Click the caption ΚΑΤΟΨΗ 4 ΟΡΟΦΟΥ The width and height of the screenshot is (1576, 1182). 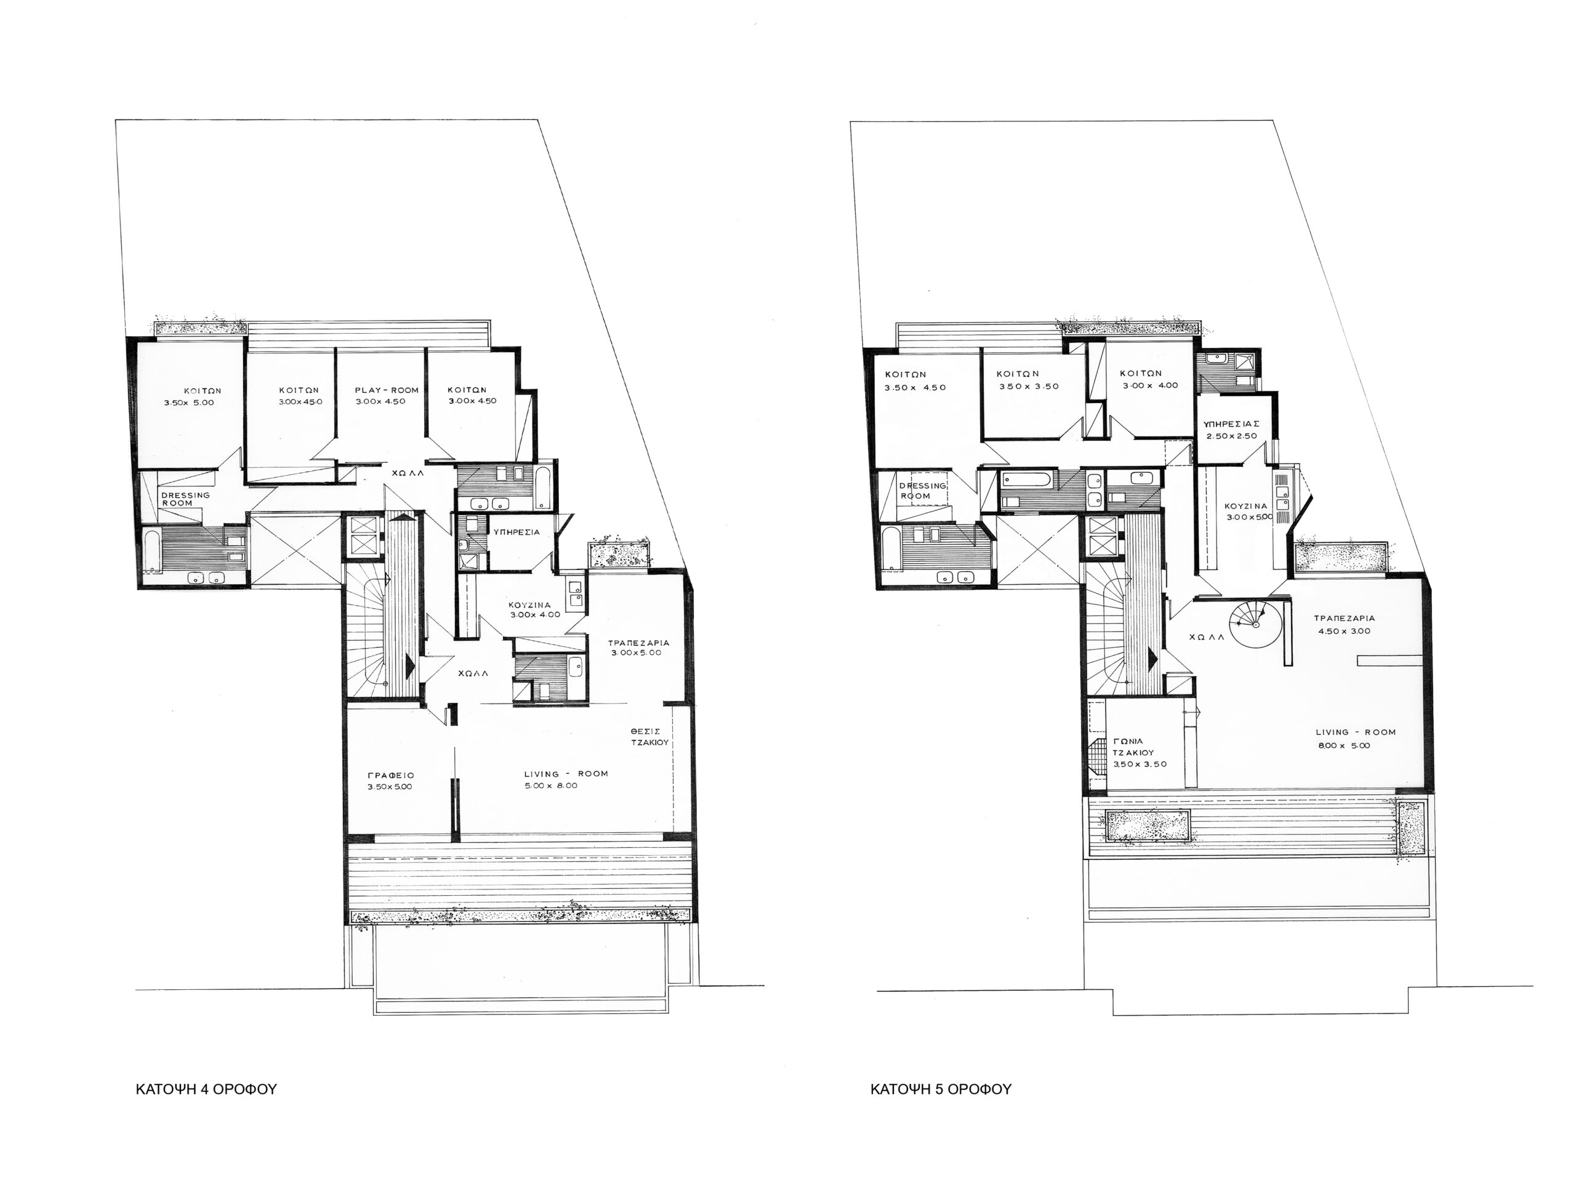point(206,1090)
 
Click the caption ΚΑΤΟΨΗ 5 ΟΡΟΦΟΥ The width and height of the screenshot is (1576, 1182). point(941,1090)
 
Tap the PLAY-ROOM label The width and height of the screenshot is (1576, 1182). point(387,390)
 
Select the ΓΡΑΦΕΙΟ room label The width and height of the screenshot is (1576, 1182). point(391,775)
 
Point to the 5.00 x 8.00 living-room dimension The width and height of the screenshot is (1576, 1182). point(551,786)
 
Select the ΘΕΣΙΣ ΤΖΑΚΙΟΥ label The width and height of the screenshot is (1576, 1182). point(649,736)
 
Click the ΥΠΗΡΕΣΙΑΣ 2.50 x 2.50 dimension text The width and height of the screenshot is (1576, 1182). point(1232,436)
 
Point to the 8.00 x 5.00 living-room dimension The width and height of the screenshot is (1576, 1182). point(1344,746)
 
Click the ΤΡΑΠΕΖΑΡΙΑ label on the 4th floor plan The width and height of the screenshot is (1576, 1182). point(638,643)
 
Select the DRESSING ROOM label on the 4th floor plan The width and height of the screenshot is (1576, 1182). point(185,499)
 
